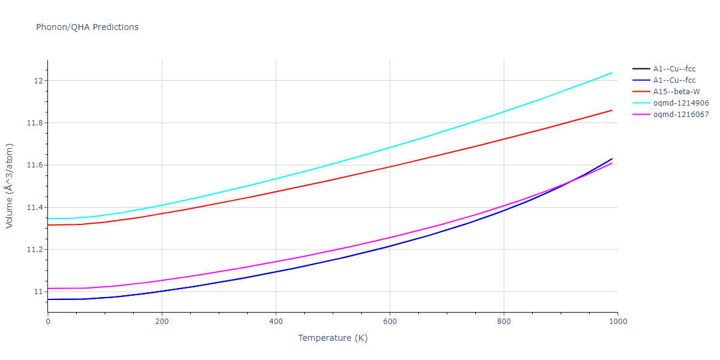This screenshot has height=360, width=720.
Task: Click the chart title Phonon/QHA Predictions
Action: (87, 27)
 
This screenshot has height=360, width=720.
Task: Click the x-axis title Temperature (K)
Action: (332, 338)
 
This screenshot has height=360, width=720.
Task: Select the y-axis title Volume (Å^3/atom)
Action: (10, 186)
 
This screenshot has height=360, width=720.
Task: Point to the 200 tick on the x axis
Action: (162, 322)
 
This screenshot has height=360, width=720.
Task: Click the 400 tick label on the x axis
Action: (276, 322)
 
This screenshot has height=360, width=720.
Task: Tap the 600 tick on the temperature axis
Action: (390, 322)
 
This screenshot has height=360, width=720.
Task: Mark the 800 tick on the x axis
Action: (504, 322)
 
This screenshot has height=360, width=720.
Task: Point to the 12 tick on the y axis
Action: (39, 81)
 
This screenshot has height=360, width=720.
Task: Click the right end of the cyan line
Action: (612, 73)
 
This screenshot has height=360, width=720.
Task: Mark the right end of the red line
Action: (612, 110)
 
